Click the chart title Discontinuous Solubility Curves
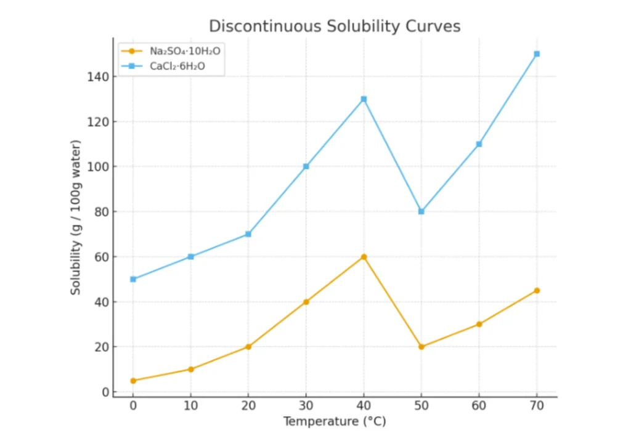(335, 26)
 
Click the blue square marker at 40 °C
(364, 99)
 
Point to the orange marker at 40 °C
(364, 257)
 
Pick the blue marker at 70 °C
(537, 54)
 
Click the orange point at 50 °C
(421, 347)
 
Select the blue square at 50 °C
(421, 211)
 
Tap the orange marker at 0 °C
(132, 381)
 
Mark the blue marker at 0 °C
(132, 279)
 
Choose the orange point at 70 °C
(537, 290)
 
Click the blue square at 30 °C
(306, 166)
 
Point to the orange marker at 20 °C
(248, 347)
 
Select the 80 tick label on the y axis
(100, 212)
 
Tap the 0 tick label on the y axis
(105, 392)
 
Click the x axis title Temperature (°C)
(335, 422)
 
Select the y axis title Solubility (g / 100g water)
(75, 217)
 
